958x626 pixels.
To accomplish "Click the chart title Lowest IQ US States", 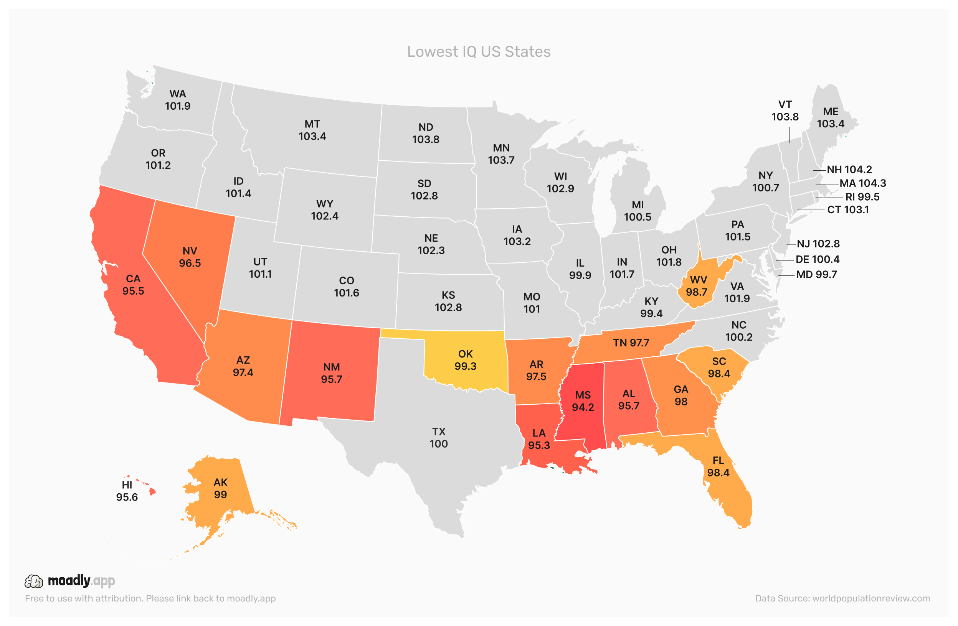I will [x=479, y=52].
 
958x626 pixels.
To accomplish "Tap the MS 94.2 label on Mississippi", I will [x=583, y=401].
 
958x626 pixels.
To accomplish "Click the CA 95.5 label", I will [x=133, y=285].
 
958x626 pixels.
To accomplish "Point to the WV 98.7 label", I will [x=699, y=286].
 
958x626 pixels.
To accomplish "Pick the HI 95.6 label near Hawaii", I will [x=127, y=491].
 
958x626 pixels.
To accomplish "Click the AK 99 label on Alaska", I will [x=221, y=488].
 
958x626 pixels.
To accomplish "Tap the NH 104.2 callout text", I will [x=849, y=170].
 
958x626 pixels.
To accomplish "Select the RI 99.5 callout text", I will [x=862, y=197].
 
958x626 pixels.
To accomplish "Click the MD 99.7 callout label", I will [x=816, y=275].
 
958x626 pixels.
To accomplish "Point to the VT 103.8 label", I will [x=785, y=110].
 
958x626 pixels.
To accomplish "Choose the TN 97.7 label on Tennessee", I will [x=631, y=343].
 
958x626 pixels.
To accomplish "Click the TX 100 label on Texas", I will [x=439, y=438].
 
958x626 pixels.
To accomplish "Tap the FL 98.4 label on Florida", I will [x=718, y=467].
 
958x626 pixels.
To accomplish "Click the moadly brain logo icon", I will [x=34, y=582].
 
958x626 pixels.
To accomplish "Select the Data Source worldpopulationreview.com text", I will [x=842, y=598].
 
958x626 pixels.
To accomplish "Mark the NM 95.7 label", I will [x=331, y=373].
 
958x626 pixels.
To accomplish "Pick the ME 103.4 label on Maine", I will [x=831, y=117].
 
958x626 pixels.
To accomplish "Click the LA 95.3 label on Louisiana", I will [x=539, y=439].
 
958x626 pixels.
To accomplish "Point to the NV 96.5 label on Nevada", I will [x=190, y=257].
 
